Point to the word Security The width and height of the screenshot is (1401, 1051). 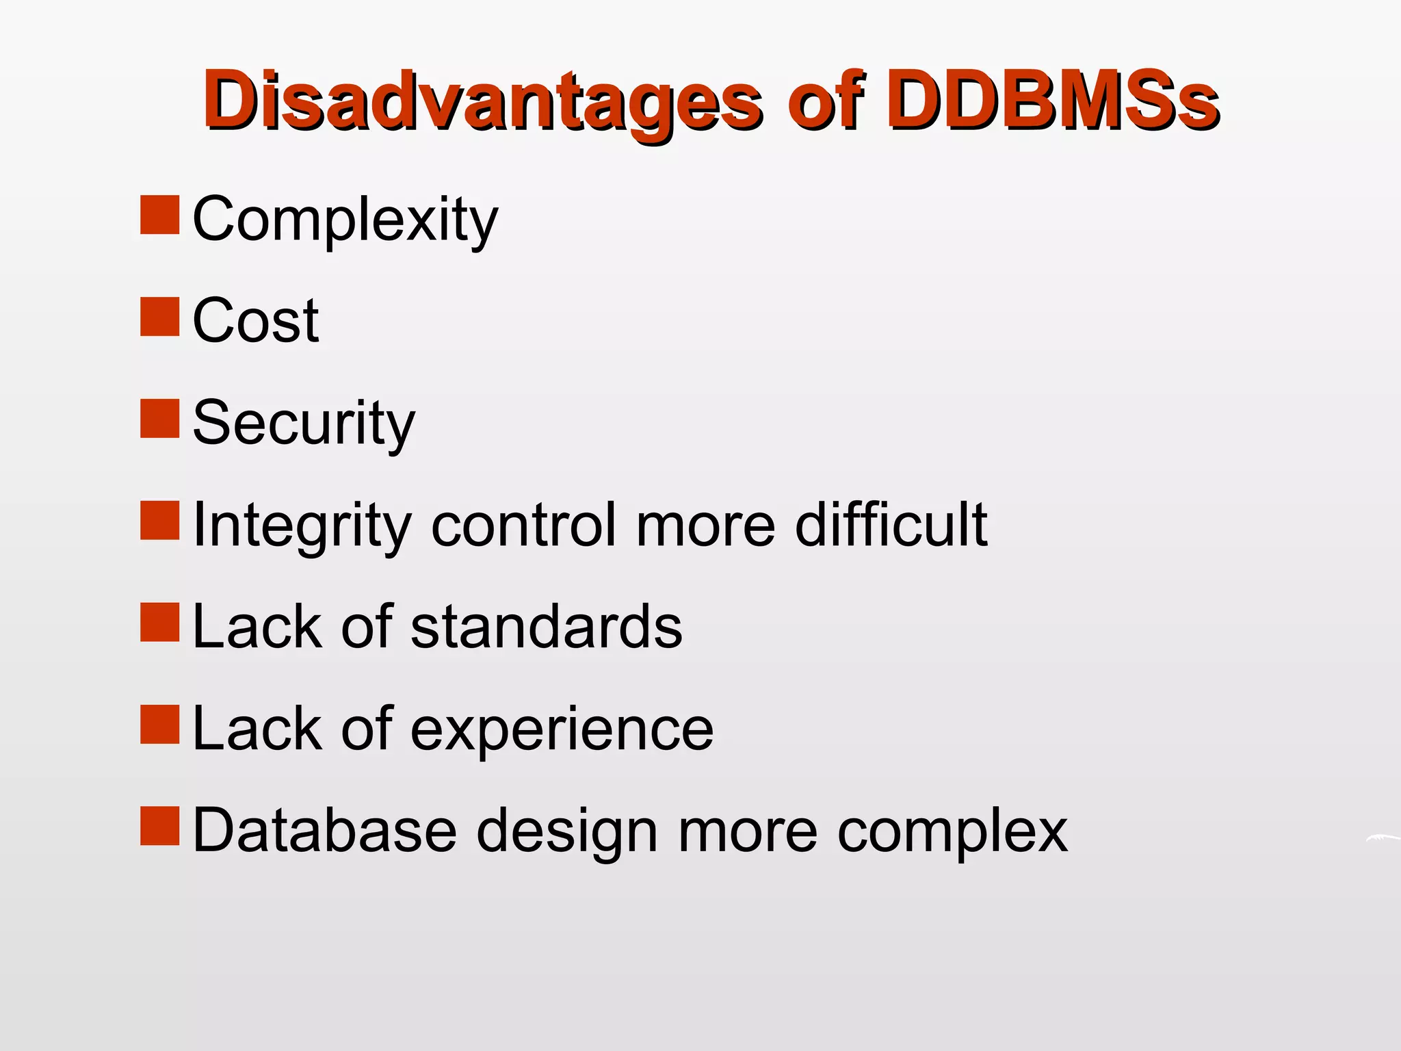point(304,423)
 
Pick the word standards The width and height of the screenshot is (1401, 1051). point(546,627)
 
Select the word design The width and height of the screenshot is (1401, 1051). point(567,831)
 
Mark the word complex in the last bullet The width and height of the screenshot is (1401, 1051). point(952,832)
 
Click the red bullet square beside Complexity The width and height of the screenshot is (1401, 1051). point(160,215)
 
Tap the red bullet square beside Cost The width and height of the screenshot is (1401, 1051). point(160,316)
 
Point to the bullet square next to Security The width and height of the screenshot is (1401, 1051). point(160,418)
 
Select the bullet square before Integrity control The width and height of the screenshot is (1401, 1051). point(160,520)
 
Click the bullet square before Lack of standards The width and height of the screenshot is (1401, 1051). point(160,622)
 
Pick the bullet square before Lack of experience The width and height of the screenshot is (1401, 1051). point(160,724)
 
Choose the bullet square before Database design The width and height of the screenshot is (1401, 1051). point(160,826)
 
